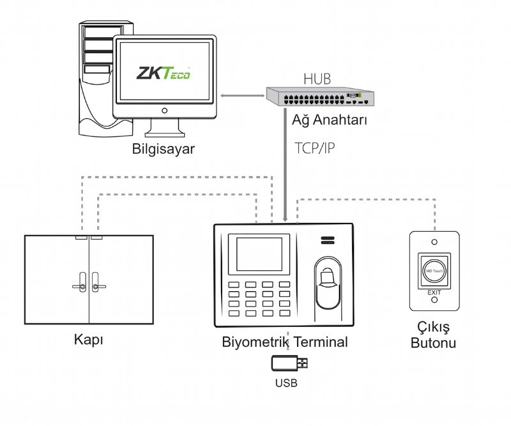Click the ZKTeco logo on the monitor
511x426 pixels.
(163, 73)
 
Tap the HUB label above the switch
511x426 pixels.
(317, 79)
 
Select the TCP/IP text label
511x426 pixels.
(315, 148)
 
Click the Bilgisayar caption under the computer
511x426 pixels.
(164, 149)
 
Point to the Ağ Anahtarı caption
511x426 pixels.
(330, 120)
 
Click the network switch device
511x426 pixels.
(321, 96)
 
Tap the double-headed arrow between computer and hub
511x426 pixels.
(242, 96)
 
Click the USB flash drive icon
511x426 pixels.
(289, 363)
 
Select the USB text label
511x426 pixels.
(286, 383)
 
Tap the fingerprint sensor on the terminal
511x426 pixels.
(328, 282)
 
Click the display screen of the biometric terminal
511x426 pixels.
(259, 254)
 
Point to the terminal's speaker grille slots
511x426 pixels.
(328, 240)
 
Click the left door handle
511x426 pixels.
(80, 283)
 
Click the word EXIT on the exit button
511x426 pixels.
(434, 293)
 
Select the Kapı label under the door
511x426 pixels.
(89, 340)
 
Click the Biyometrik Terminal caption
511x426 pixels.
(285, 342)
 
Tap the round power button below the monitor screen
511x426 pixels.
(165, 111)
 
